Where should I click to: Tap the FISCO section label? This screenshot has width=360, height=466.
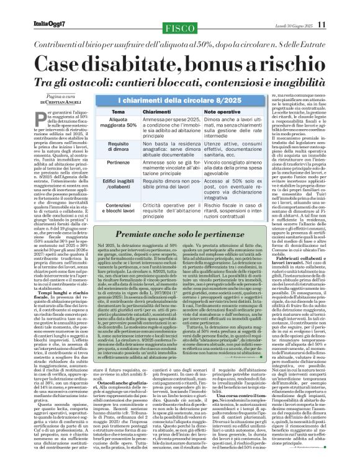tap(180, 7)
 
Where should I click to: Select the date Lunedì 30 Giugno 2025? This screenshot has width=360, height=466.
tap(307, 7)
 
